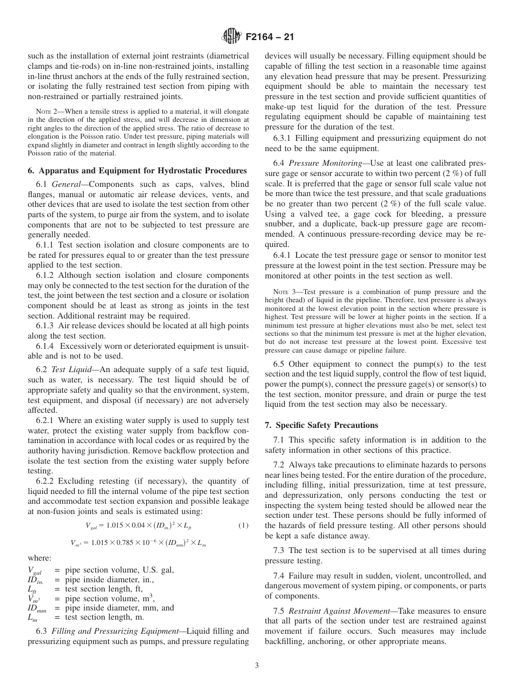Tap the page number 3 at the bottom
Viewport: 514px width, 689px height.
(x=256, y=666)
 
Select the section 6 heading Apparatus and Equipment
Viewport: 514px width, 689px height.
(x=137, y=171)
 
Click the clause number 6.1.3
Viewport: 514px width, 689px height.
(x=46, y=326)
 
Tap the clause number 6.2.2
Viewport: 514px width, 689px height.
(x=46, y=481)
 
